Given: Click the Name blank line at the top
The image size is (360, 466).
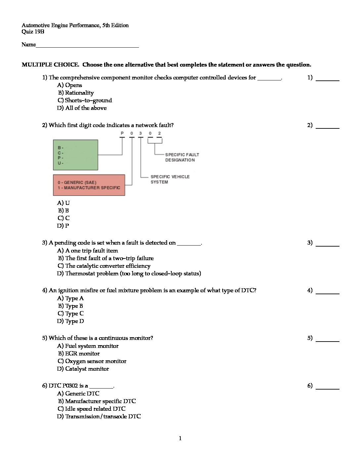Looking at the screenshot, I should (87, 45).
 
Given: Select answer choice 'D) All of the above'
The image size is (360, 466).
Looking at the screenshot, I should (82, 108).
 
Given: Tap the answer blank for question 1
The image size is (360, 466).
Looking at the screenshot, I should (328, 78).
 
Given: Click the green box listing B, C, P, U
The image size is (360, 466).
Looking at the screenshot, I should (75, 155).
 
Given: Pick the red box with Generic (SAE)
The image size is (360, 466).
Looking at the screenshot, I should (89, 185).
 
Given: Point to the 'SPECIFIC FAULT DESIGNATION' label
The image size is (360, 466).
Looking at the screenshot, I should (182, 157).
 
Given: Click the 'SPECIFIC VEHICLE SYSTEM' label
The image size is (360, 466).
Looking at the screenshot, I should (170, 179).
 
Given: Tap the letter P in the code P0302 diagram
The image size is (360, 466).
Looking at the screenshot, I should (122, 133).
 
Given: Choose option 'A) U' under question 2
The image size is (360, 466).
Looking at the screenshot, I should (63, 203).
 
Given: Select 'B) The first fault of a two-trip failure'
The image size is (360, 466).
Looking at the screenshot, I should (106, 258).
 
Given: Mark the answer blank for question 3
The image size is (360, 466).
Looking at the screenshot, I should (328, 243).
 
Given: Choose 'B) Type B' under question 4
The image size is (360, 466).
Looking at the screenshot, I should (70, 306).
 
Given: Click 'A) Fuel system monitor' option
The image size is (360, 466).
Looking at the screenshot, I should (88, 346).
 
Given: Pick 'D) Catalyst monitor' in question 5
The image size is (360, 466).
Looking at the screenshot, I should (83, 369).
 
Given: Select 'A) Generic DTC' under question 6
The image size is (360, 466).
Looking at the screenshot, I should (78, 394).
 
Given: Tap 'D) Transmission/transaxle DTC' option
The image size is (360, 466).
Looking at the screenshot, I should (99, 416).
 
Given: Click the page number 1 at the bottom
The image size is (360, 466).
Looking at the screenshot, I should (180, 439).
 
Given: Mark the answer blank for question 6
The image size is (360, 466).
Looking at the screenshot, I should (328, 386).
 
